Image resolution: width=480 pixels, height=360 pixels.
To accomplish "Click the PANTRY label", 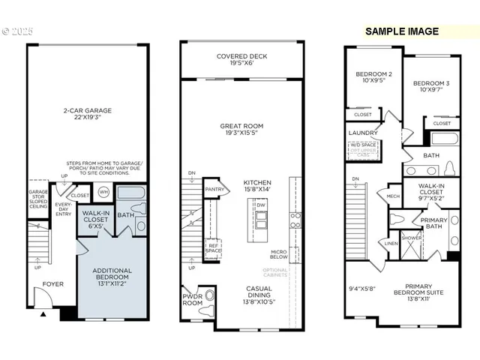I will [x=215, y=190].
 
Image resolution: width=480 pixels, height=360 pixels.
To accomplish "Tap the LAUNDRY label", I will [x=363, y=133].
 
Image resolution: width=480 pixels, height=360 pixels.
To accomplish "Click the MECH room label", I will [x=393, y=196].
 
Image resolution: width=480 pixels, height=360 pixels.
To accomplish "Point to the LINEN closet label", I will [x=391, y=242].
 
